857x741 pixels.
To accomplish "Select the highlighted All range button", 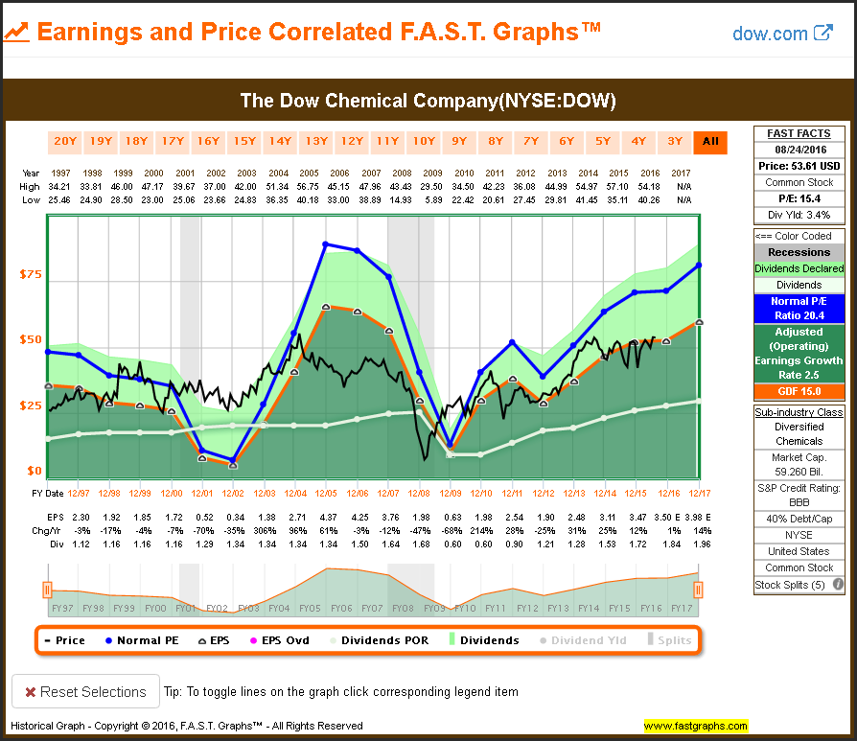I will [x=710, y=142].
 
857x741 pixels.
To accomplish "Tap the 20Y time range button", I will [x=65, y=142].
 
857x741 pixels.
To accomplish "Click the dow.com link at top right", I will [x=782, y=34].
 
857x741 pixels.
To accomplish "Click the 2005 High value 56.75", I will [x=310, y=186].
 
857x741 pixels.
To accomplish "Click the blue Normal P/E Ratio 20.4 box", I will [x=799, y=308].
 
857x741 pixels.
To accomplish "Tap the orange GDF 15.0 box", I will [x=799, y=391].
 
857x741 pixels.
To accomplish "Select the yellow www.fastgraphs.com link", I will [x=696, y=726].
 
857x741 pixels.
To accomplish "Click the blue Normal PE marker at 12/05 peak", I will [x=326, y=244].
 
